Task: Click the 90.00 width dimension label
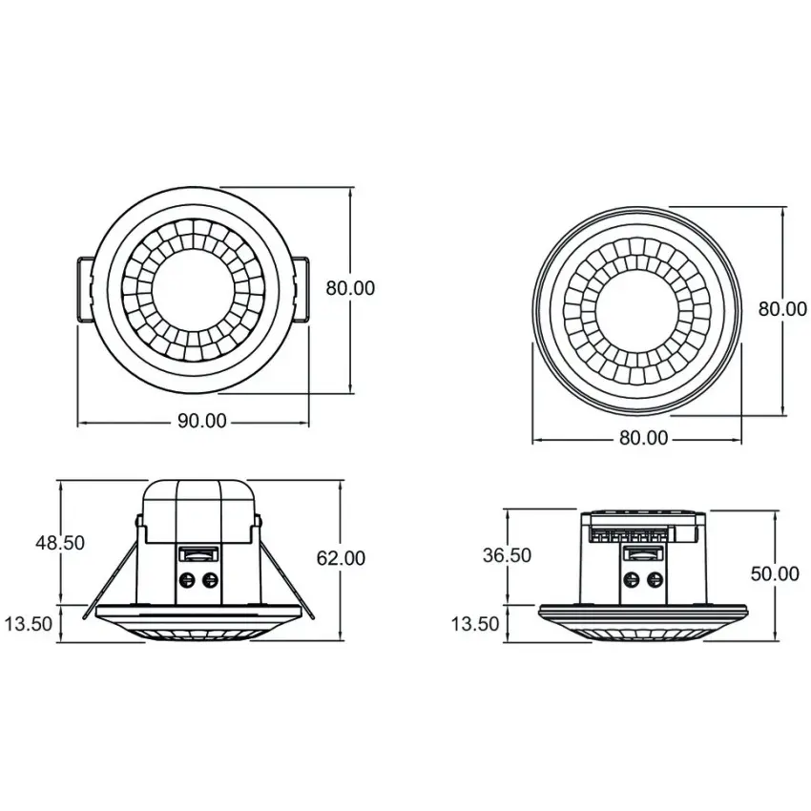pos(202,421)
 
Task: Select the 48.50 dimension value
pos(60,543)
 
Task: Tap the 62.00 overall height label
pos(341,558)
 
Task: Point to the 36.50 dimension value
pos(507,555)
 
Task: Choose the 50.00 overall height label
pos(775,573)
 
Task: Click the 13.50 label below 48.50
pos(29,624)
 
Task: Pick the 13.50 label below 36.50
pos(475,624)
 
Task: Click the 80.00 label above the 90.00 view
pos(350,288)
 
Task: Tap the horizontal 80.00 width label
pos(644,438)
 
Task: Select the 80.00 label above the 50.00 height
pos(783,309)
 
